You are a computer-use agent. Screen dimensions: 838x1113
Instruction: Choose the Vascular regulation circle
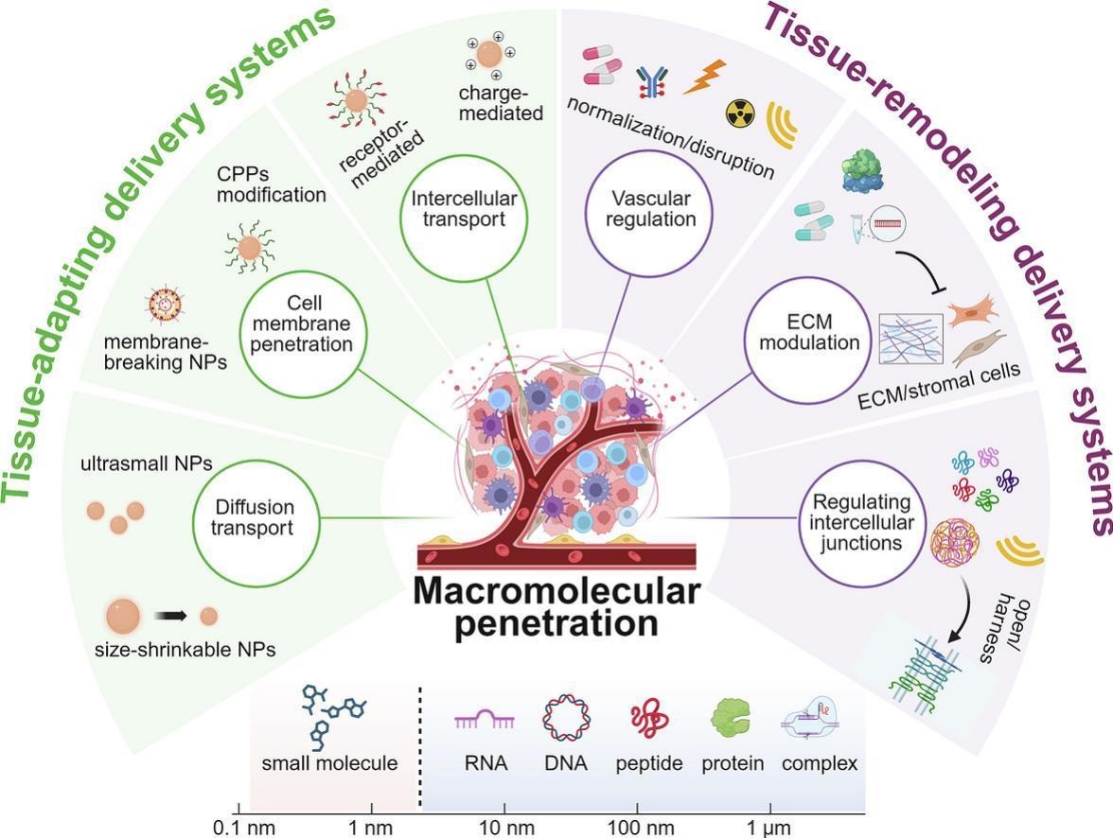653,208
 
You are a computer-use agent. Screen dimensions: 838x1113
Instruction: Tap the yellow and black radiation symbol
740,113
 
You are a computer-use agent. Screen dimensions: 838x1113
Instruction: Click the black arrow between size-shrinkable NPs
170,616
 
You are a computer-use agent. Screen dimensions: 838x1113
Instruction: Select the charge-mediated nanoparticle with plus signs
490,55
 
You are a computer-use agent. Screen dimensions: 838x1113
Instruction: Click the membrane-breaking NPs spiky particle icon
165,305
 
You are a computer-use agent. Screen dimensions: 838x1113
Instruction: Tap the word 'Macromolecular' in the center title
556,592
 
